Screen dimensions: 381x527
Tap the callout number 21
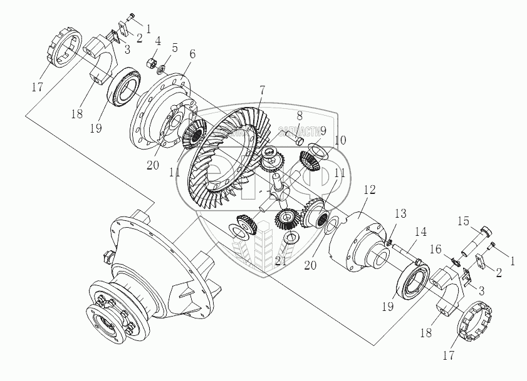click(281, 261)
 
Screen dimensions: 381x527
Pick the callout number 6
click(191, 54)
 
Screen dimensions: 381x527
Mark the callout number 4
click(158, 42)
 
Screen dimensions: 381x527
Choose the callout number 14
click(420, 231)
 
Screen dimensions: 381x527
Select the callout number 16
click(435, 248)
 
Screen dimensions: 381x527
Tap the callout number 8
click(300, 116)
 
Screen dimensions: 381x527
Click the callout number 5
click(175, 48)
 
